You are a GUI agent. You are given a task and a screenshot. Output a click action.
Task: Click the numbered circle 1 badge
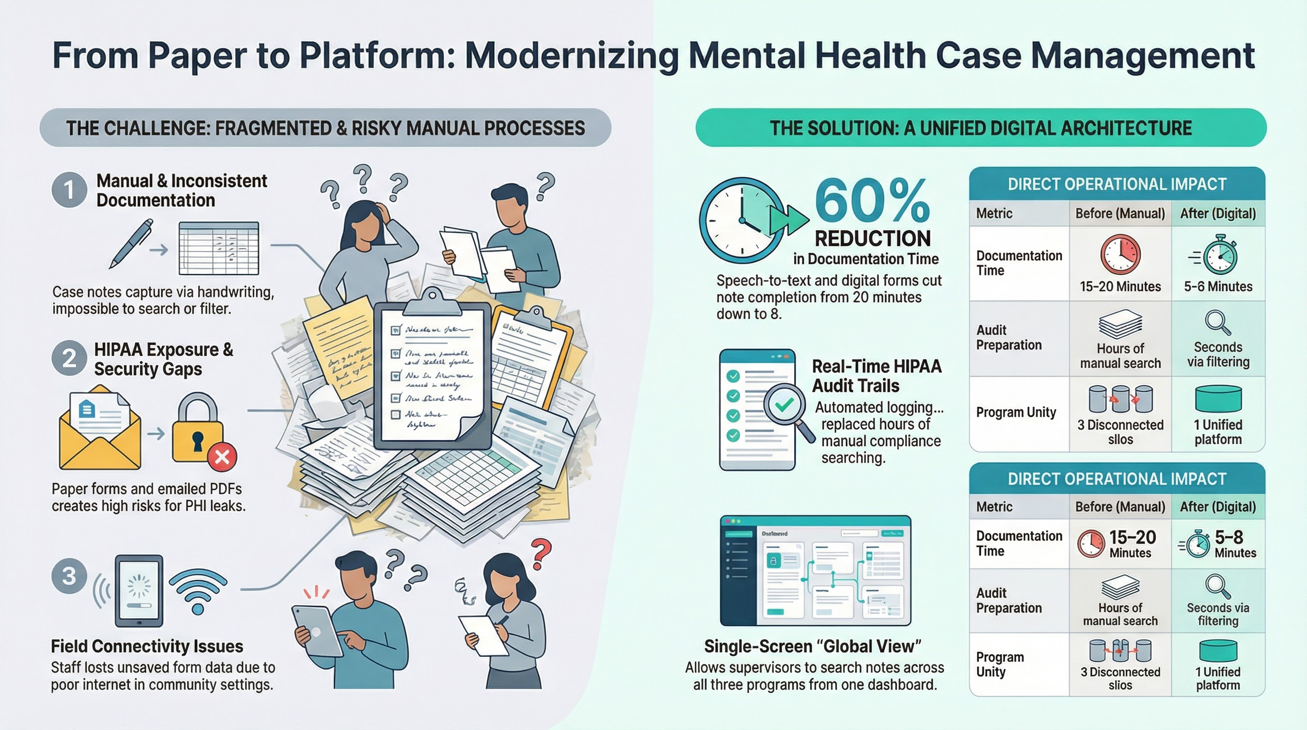(x=69, y=190)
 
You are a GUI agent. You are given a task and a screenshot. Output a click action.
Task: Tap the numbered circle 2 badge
(x=69, y=358)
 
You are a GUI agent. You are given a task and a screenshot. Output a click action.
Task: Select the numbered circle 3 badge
(x=69, y=576)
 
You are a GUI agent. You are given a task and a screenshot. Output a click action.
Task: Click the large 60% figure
(x=872, y=202)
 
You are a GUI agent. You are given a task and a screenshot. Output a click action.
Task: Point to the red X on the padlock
(x=222, y=457)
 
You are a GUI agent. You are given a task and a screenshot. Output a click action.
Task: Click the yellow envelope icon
(x=100, y=429)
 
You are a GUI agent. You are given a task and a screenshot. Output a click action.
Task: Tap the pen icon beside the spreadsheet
(x=131, y=243)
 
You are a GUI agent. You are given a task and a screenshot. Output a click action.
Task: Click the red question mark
(x=541, y=554)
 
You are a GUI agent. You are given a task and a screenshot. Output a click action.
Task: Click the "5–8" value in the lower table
(x=1228, y=537)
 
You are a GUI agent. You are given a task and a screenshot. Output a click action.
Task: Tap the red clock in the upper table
(x=1120, y=254)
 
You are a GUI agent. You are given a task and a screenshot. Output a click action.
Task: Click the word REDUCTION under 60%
(x=872, y=239)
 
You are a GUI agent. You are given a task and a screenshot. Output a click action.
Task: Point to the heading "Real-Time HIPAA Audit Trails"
(x=876, y=375)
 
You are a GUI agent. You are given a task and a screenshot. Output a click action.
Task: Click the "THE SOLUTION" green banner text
(x=980, y=128)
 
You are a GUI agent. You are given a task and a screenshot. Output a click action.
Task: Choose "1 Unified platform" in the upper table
(x=1218, y=432)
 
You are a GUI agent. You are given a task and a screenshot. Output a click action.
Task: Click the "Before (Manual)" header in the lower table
(x=1120, y=507)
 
